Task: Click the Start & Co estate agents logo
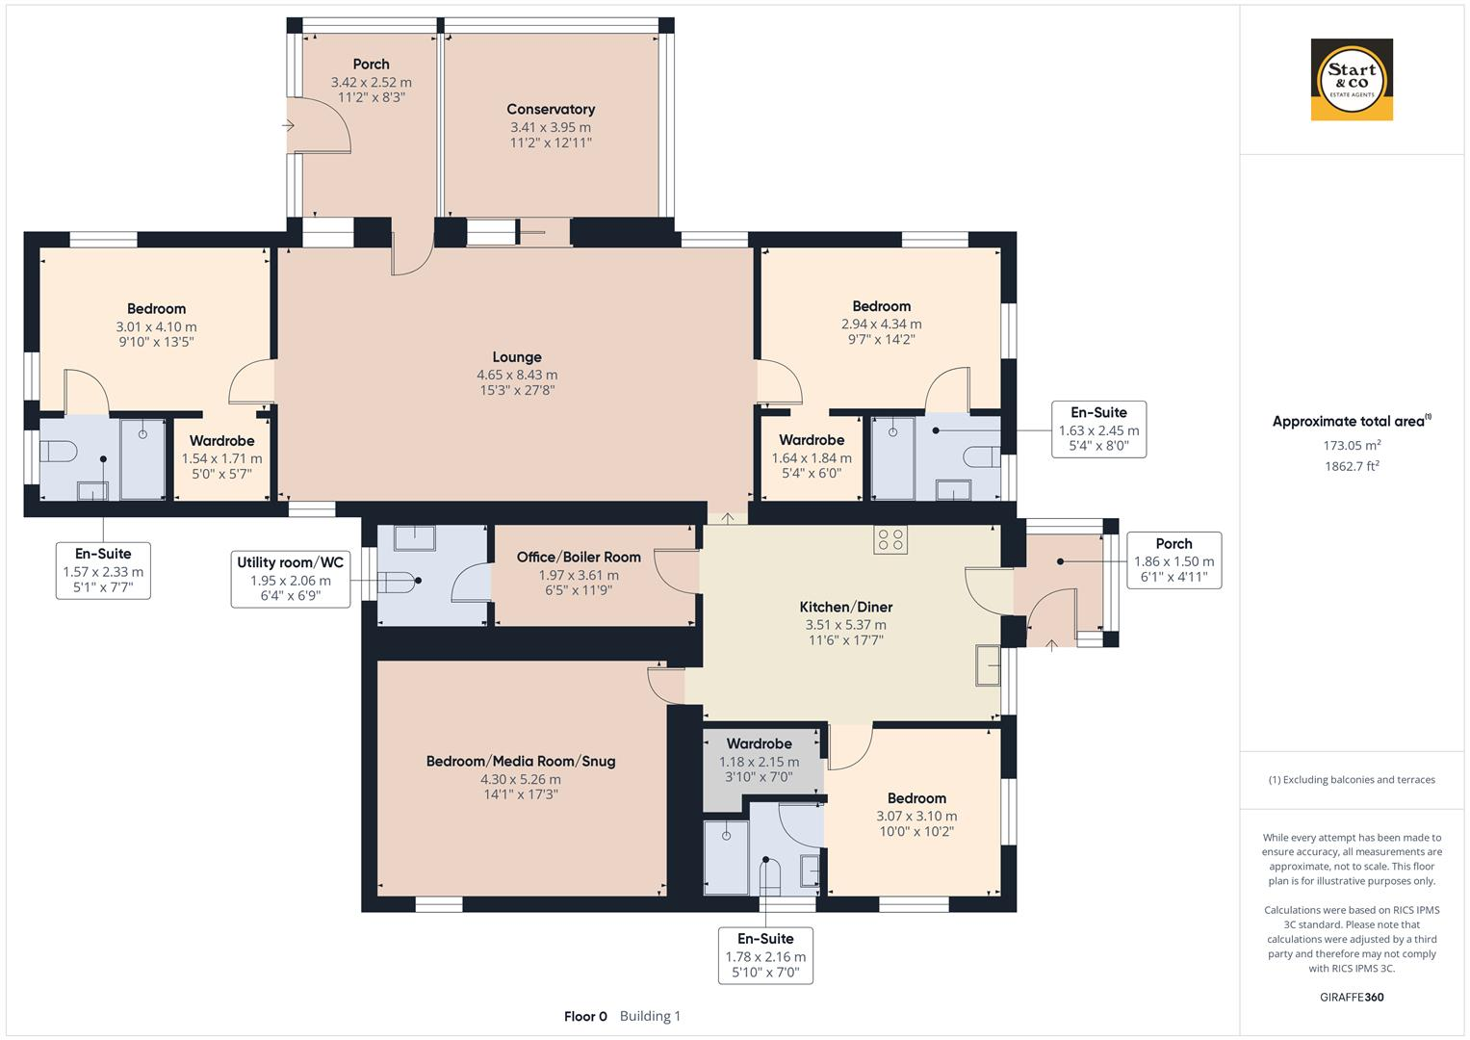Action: (x=1352, y=79)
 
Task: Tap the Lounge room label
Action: (x=517, y=357)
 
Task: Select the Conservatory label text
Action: (x=551, y=109)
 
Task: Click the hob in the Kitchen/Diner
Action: (x=890, y=539)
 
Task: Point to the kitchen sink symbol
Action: (x=988, y=665)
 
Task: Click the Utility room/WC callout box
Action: (x=291, y=580)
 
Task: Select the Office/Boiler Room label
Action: (x=579, y=557)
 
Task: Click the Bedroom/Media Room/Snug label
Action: (x=521, y=761)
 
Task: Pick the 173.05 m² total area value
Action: (x=1352, y=445)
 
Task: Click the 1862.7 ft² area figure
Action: (x=1352, y=466)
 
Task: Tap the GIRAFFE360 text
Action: (x=1352, y=997)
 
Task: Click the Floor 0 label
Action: (x=585, y=1016)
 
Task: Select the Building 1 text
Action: (x=651, y=1016)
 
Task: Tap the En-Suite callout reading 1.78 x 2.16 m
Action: (x=766, y=956)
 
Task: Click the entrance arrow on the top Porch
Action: (x=288, y=125)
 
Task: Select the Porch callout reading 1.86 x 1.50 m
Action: (x=1174, y=560)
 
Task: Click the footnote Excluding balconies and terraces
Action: (x=1352, y=780)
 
